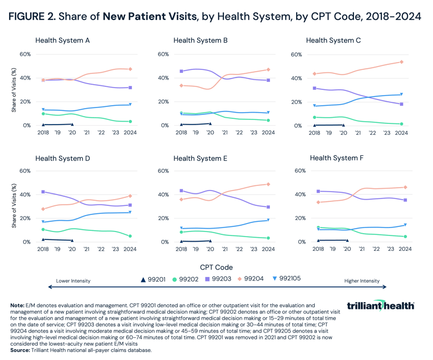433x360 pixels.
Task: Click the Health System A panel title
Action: [70, 41]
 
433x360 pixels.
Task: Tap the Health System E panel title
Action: [201, 158]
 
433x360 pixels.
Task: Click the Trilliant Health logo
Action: [381, 306]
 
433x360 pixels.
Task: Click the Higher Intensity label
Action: [362, 281]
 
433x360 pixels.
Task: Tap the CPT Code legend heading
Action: [216, 266]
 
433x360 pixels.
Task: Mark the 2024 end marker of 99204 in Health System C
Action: [401, 62]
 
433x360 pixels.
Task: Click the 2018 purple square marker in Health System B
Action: [181, 71]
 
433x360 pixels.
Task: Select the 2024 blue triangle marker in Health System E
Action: [268, 220]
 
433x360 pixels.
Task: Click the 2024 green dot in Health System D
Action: [130, 236]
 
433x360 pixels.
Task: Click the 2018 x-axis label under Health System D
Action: [43, 249]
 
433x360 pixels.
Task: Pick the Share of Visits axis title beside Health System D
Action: [14, 206]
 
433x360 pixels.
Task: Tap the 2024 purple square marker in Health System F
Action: [405, 200]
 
